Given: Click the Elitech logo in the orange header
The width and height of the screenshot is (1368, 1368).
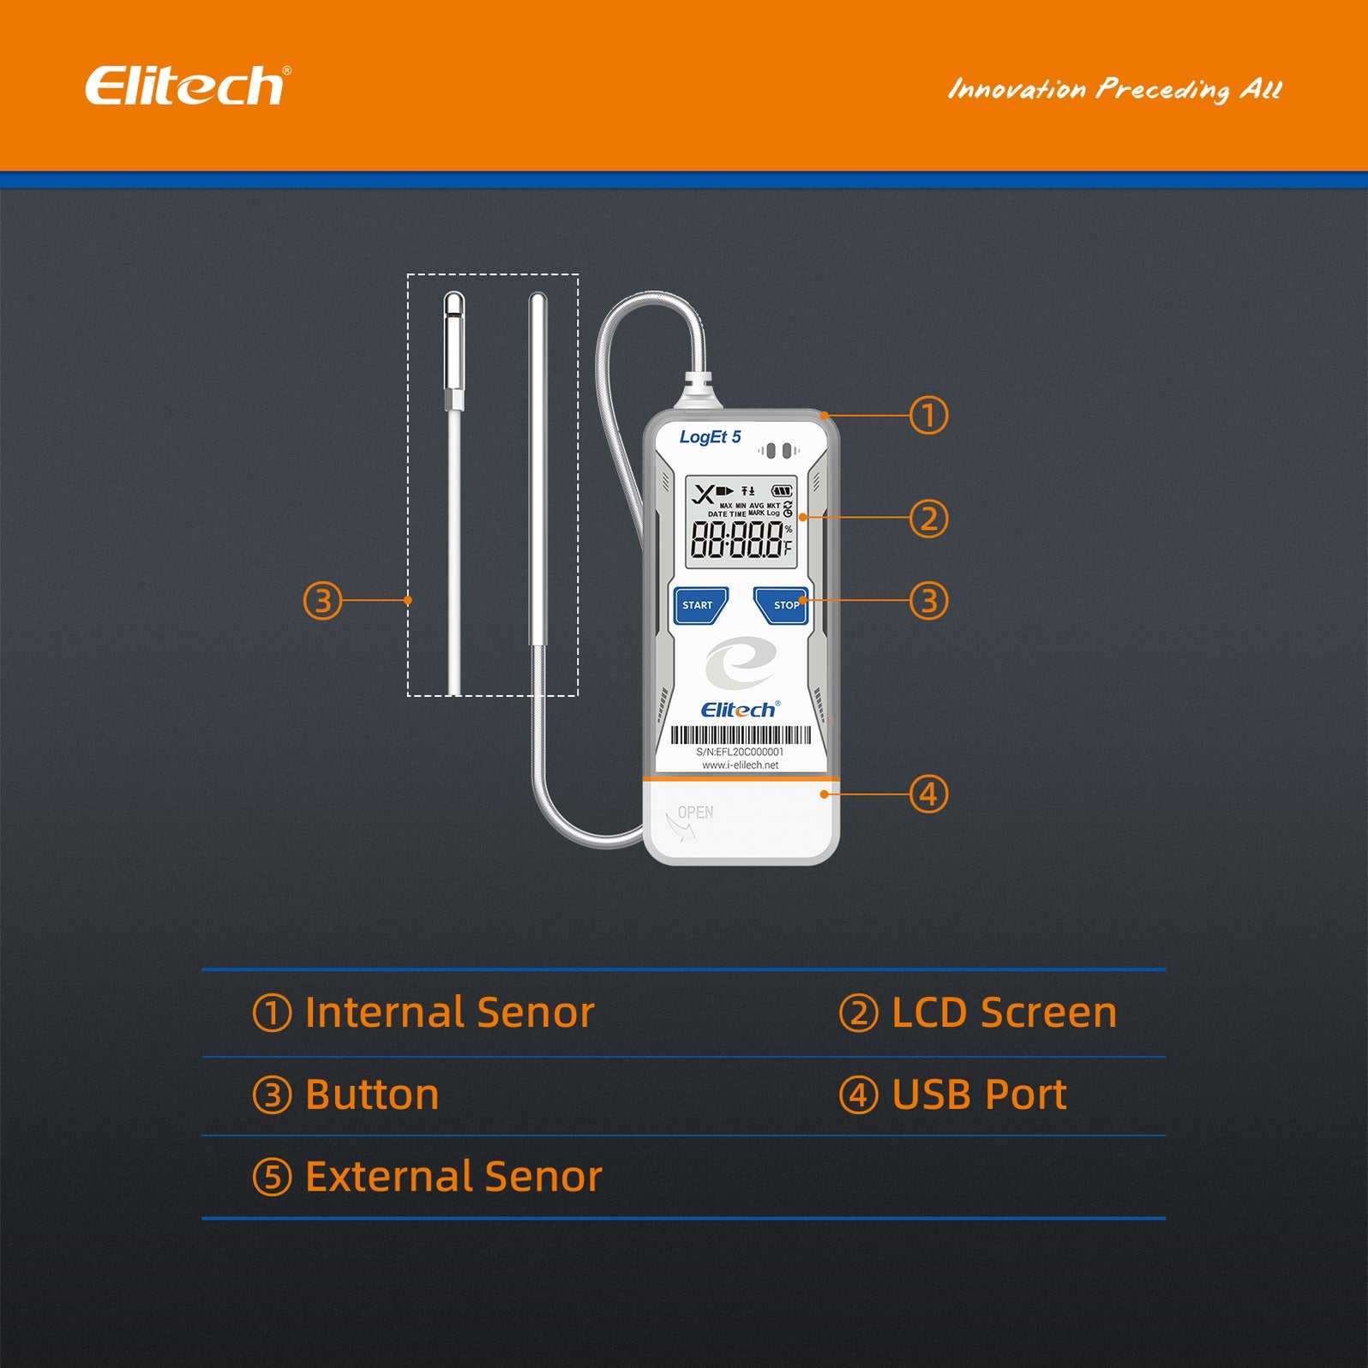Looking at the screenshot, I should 187,86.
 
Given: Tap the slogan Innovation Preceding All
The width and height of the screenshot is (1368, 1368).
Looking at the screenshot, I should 1114,89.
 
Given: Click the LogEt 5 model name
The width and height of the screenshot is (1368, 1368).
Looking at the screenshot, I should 710,437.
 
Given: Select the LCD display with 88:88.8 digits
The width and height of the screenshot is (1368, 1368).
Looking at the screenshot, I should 741,523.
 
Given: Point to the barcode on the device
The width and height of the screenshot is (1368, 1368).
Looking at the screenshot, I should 741,735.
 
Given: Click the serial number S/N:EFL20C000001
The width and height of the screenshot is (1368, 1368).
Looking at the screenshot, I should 740,752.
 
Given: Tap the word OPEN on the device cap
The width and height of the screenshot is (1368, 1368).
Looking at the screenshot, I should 695,813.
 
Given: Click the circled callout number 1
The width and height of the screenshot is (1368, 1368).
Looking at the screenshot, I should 928,416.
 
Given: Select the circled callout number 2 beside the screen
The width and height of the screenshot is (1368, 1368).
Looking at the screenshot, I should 928,519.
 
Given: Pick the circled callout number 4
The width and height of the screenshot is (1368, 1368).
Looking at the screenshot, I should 928,795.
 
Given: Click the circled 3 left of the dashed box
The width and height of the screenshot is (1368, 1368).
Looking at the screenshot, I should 322,601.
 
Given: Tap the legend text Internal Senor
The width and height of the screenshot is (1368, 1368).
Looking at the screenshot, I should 449,1012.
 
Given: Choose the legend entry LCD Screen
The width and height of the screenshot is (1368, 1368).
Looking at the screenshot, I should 1004,1012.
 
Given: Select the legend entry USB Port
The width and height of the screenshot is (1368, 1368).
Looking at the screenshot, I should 979,1095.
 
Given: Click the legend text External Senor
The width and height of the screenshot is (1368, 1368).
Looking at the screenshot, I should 453,1176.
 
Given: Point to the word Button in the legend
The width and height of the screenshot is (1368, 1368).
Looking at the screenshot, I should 372,1095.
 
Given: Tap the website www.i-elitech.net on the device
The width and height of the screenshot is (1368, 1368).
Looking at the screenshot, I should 740,765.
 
